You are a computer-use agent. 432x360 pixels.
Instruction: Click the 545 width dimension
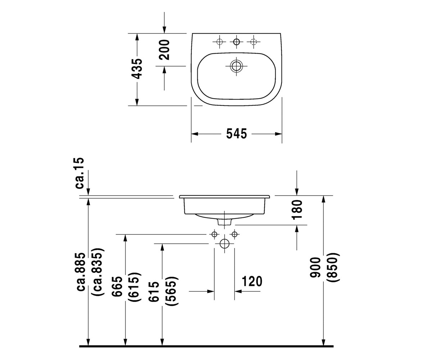click(x=237, y=134)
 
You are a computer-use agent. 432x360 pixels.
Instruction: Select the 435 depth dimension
click(x=137, y=69)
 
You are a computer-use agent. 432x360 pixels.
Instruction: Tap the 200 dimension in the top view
click(x=165, y=50)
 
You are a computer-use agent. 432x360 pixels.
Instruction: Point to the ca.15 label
click(x=80, y=173)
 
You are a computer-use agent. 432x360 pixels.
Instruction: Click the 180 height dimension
click(x=297, y=210)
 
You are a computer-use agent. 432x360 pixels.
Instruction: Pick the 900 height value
click(x=315, y=267)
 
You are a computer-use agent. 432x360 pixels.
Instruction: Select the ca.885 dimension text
click(x=81, y=272)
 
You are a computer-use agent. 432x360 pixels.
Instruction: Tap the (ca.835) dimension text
click(x=98, y=272)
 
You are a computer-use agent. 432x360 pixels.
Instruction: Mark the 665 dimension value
click(x=117, y=286)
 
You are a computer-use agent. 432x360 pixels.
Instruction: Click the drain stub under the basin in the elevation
click(x=225, y=222)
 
